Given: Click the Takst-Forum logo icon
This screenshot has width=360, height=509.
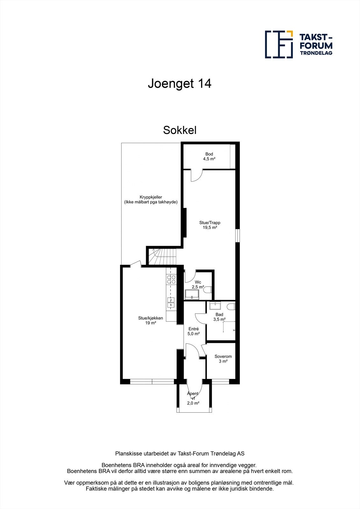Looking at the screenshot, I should pyautogui.click(x=279, y=44).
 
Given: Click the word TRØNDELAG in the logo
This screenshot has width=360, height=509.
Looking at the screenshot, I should pyautogui.click(x=316, y=53).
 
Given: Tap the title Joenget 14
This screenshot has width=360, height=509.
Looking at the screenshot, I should pyautogui.click(x=180, y=84).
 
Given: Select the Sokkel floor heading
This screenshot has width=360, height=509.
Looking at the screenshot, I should pyautogui.click(x=180, y=130).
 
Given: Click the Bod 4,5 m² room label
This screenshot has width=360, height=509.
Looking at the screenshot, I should pyautogui.click(x=209, y=156).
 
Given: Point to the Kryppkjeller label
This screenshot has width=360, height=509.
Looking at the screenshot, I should pyautogui.click(x=151, y=199).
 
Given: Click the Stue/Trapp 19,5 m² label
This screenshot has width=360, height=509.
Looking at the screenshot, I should pyautogui.click(x=210, y=225).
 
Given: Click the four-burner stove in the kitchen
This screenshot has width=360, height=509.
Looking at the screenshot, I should pyautogui.click(x=171, y=279).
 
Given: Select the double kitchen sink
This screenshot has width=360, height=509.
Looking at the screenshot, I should pyautogui.click(x=171, y=303).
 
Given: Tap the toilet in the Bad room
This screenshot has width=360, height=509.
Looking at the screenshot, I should pyautogui.click(x=231, y=306).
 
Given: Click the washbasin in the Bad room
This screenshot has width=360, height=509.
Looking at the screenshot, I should pyautogui.click(x=215, y=306).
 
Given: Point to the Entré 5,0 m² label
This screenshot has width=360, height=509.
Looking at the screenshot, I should pyautogui.click(x=194, y=331).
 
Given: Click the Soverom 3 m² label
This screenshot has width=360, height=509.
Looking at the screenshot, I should pyautogui.click(x=223, y=359).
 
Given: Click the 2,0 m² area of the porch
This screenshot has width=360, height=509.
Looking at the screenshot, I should pyautogui.click(x=193, y=403).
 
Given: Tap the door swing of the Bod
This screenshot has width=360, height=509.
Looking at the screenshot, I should pyautogui.click(x=196, y=176).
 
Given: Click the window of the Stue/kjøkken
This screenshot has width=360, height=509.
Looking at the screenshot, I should pyautogui.click(x=152, y=381).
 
